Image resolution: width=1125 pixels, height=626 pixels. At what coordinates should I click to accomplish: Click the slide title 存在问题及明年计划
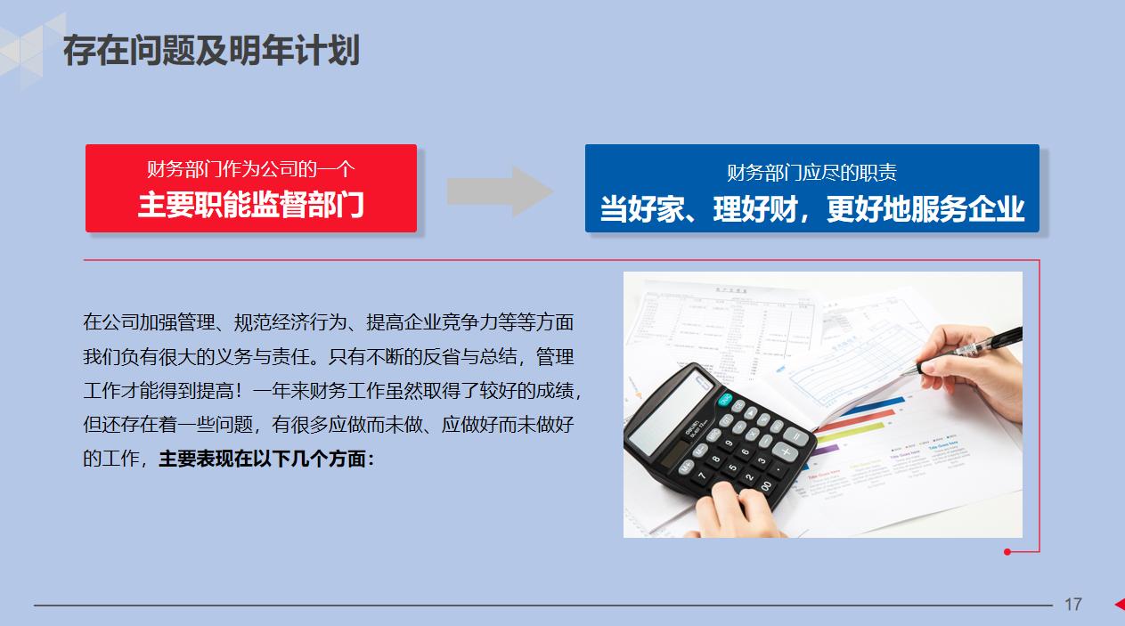[x=211, y=51]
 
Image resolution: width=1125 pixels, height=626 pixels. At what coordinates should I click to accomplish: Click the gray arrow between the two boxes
[x=499, y=191]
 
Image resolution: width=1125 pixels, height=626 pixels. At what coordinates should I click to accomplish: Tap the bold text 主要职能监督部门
[x=250, y=205]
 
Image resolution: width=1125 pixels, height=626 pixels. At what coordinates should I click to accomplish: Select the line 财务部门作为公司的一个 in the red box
[x=250, y=169]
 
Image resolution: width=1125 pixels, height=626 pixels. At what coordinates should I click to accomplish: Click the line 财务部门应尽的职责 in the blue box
[x=811, y=173]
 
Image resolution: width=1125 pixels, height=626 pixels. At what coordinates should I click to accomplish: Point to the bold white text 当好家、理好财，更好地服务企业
[x=811, y=209]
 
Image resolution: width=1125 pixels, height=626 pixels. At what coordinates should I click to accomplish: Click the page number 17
[x=1072, y=605]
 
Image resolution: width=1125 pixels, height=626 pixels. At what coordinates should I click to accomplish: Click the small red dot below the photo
[x=1007, y=552]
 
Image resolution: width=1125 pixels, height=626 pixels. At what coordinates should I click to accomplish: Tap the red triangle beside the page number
[x=1119, y=605]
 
